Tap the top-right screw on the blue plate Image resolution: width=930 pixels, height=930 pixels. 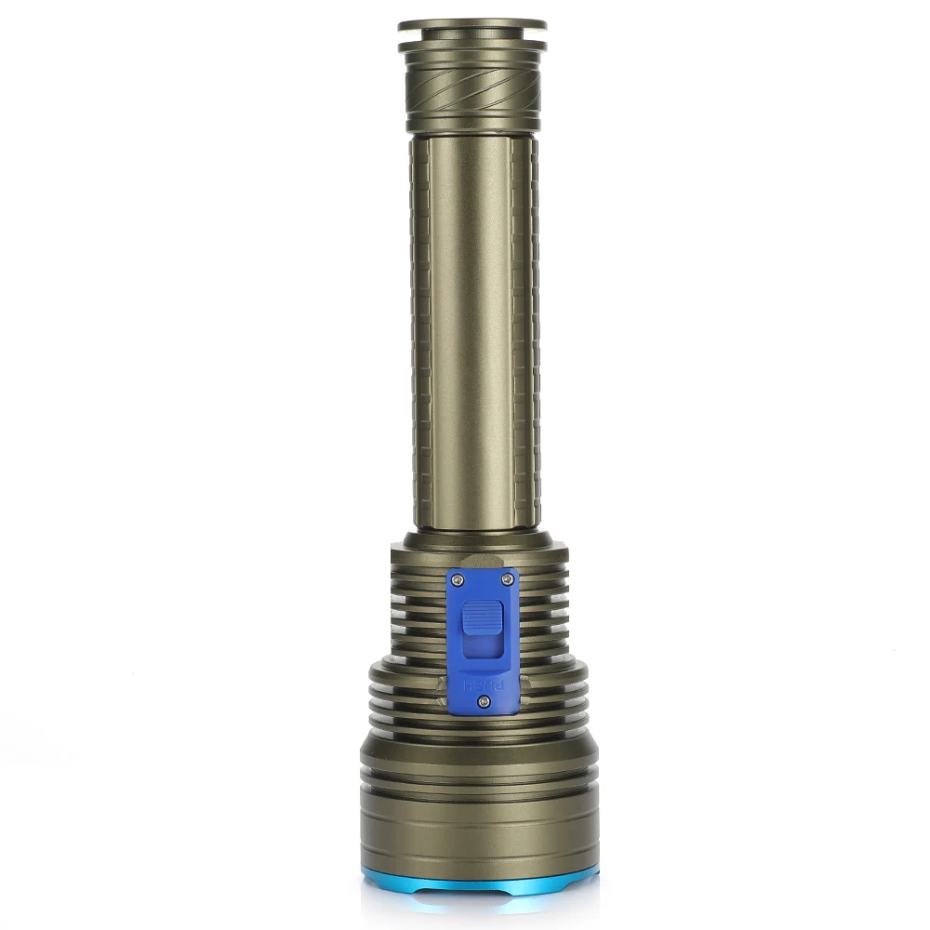pyautogui.click(x=507, y=578)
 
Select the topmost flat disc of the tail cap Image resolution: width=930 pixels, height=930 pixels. pyautogui.click(x=472, y=25)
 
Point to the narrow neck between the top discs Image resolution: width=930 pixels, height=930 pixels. pyautogui.click(x=472, y=35)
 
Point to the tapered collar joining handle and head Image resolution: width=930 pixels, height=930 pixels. pyautogui.click(x=474, y=539)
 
